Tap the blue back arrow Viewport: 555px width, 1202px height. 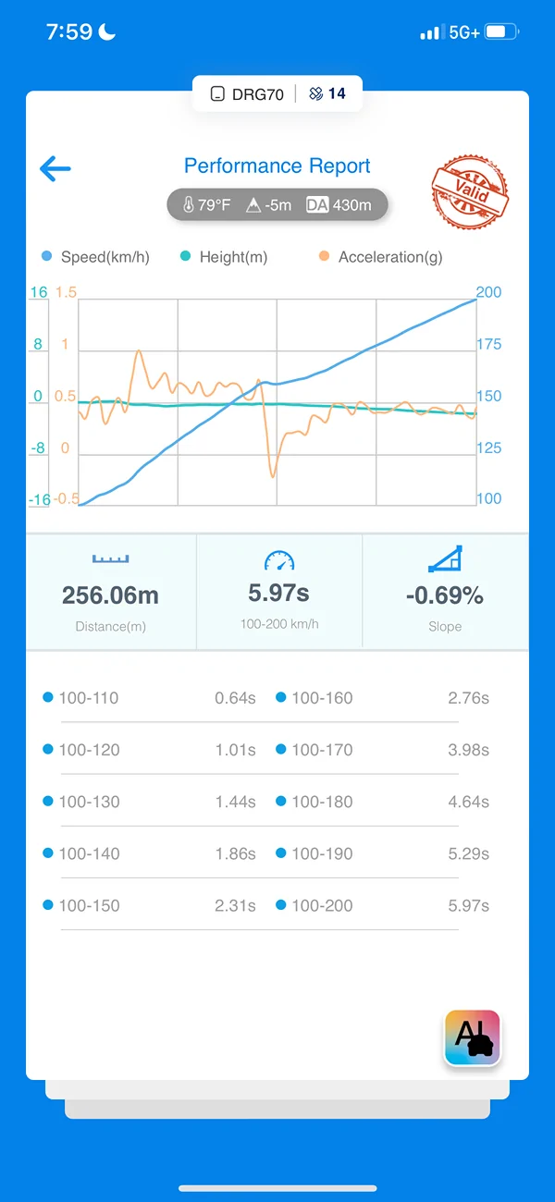click(x=55, y=168)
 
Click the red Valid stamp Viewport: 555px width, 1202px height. click(x=470, y=191)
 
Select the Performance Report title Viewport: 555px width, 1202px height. click(x=277, y=166)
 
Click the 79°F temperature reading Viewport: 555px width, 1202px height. click(x=206, y=205)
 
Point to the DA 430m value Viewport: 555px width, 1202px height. click(x=339, y=205)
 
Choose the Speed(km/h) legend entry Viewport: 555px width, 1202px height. click(x=95, y=257)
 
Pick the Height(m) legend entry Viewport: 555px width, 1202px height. click(x=224, y=257)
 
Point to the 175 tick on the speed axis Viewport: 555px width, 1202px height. click(x=489, y=344)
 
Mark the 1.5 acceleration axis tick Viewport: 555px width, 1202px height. click(x=67, y=292)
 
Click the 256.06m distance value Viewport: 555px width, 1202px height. click(x=111, y=595)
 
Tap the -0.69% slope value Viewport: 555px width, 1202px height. click(x=445, y=595)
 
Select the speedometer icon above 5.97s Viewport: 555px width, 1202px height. click(x=279, y=560)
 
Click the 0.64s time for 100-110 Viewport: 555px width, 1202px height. click(x=235, y=698)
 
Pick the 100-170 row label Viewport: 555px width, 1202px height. click(x=322, y=750)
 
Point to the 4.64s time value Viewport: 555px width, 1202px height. click(x=469, y=803)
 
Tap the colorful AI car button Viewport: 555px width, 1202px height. click(x=473, y=1037)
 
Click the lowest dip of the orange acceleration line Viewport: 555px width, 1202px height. click(x=273, y=476)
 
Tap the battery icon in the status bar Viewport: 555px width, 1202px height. click(x=501, y=32)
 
